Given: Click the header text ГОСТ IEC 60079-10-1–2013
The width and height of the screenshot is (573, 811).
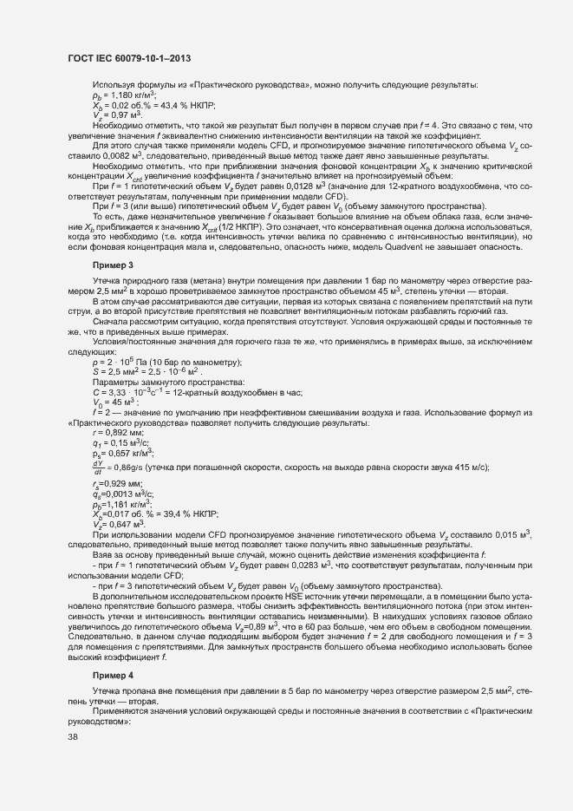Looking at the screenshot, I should click(x=129, y=58).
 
